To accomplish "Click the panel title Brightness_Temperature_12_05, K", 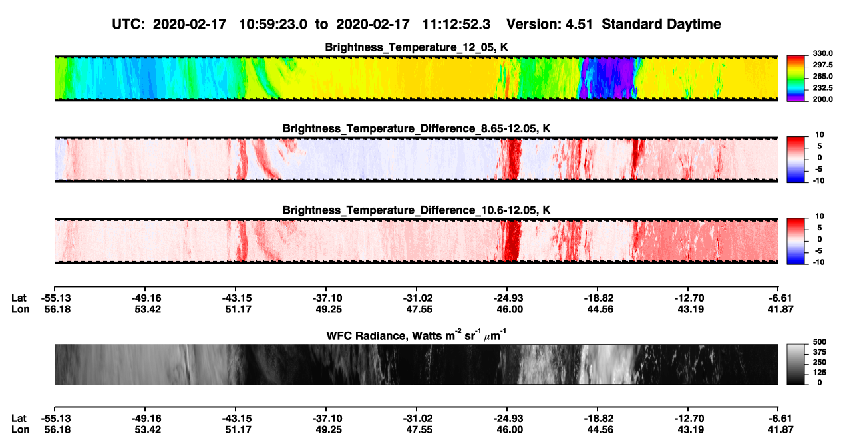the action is coord(417,47).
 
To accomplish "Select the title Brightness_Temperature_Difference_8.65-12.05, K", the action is coord(417,128).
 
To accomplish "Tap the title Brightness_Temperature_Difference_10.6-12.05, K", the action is coord(417,210).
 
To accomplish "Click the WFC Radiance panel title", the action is coord(417,335).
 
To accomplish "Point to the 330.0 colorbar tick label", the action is coord(822,53).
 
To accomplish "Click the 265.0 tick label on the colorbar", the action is coord(822,76).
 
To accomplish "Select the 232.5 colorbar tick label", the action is coord(822,88).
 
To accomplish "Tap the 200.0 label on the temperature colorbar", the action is coord(822,99).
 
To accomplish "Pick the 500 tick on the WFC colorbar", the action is coord(820,342).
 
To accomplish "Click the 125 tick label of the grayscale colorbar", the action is coord(820,373).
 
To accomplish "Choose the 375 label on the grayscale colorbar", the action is coord(820,352).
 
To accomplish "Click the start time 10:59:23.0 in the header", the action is coord(273,25).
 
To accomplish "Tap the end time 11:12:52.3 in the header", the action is coord(456,25).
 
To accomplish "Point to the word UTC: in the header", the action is coord(128,25).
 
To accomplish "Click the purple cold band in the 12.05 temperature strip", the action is coord(608,78).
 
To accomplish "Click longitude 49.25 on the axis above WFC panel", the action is coord(329,309).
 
